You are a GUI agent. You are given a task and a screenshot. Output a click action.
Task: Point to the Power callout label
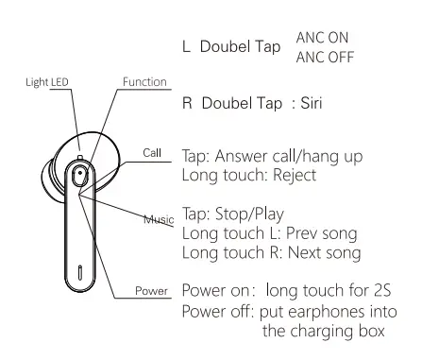click(151, 291)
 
